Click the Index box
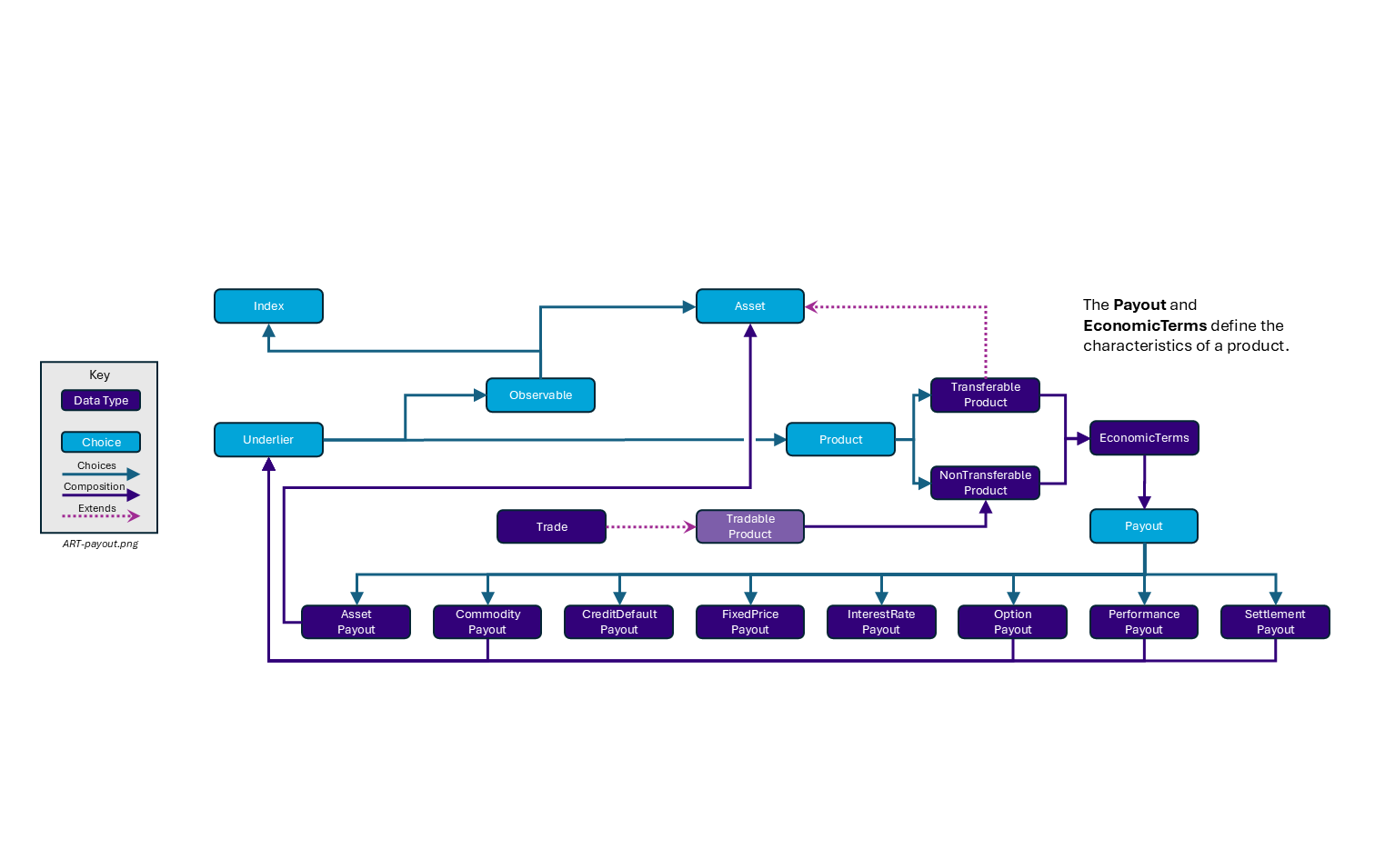coord(268,306)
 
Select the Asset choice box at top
coord(750,306)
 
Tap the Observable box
coord(540,395)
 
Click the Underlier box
coord(268,440)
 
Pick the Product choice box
coord(840,440)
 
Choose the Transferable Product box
coord(985,395)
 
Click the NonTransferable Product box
coord(985,483)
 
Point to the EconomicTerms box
coord(1144,438)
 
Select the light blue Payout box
coord(1143,526)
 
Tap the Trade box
coord(551,527)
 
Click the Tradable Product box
coord(750,527)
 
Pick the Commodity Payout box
coord(487,623)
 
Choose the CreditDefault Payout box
coord(618,623)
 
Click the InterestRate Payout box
coord(881,623)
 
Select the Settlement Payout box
coord(1275,623)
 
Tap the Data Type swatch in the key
coord(101,401)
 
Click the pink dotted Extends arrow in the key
coord(100,516)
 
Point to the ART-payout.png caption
coord(100,544)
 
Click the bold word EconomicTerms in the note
coord(1145,325)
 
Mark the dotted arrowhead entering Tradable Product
coord(690,527)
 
